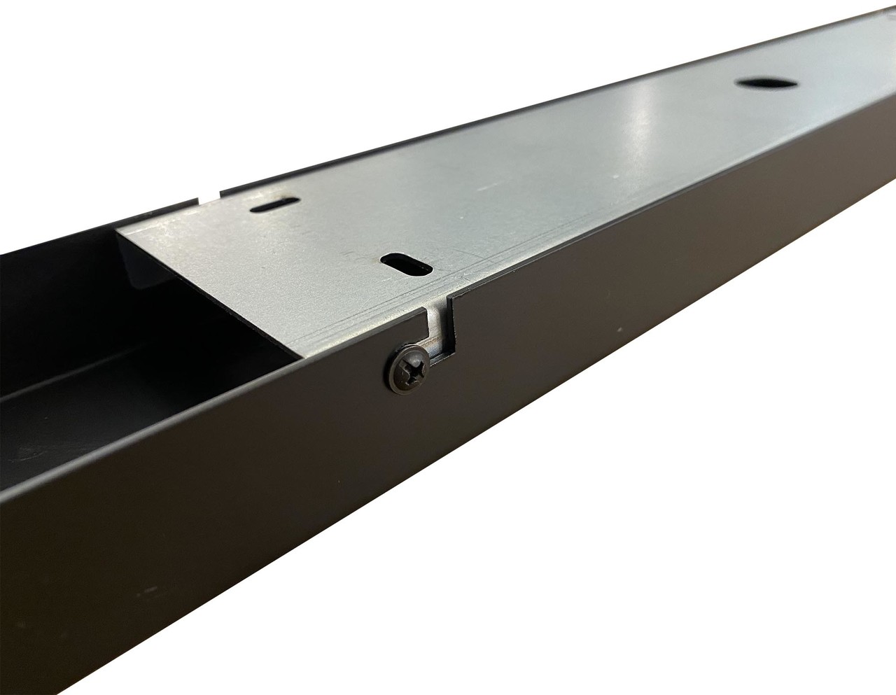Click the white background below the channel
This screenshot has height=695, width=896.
(x=700, y=560)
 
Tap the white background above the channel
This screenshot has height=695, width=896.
(x=210, y=70)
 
